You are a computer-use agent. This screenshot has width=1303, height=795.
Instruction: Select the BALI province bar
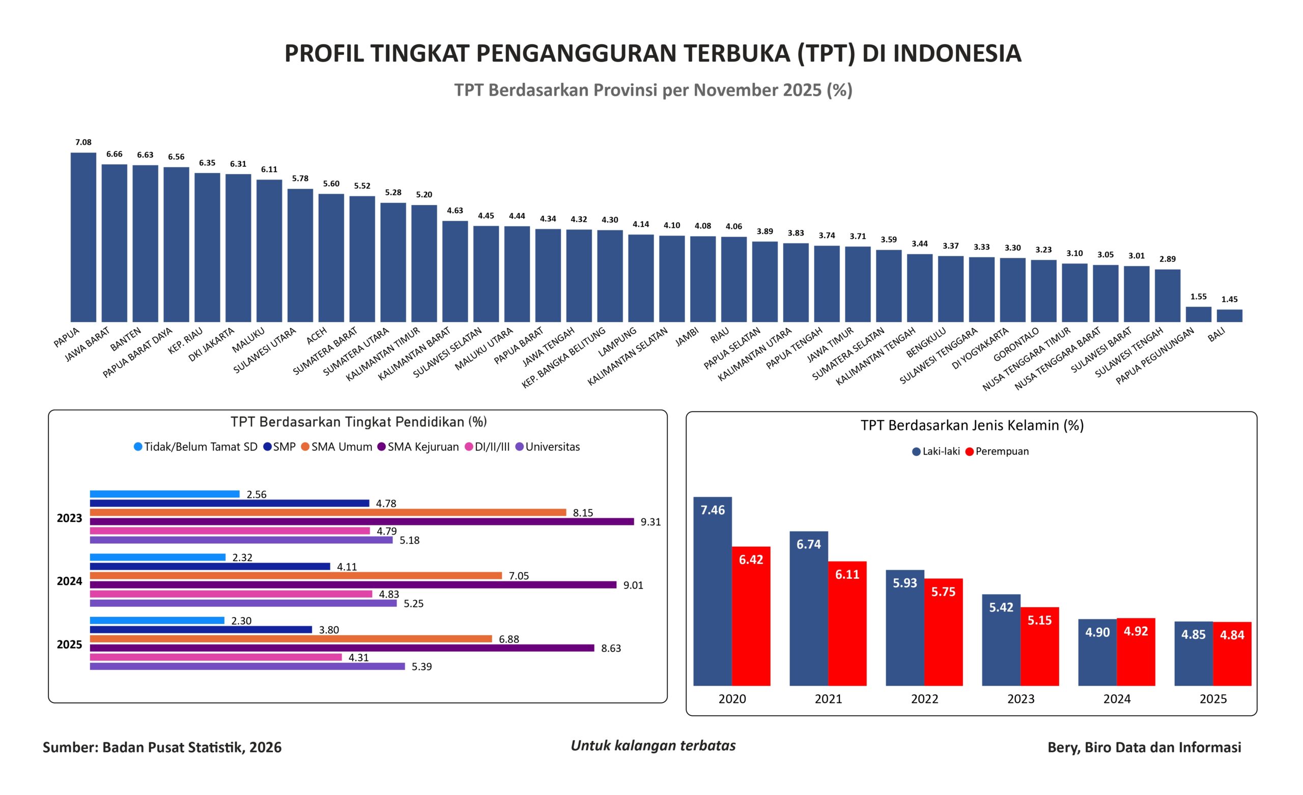point(1229,315)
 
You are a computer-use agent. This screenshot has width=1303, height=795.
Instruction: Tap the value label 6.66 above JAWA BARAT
point(114,154)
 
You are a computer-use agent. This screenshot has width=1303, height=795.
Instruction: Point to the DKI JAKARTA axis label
point(212,344)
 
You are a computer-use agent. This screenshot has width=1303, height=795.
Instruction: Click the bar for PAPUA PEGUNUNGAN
point(1198,314)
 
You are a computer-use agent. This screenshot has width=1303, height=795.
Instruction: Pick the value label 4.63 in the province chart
point(455,211)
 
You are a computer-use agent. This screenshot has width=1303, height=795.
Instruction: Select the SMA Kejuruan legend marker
point(381,447)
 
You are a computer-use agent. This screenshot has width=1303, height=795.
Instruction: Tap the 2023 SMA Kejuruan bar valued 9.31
point(362,522)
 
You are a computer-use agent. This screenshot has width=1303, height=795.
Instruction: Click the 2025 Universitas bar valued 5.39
point(247,666)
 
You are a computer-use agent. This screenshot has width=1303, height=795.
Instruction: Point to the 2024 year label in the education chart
point(69,581)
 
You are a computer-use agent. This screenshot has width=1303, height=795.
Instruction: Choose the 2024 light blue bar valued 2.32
point(158,557)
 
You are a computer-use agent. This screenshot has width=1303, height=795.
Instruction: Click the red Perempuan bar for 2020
point(751,616)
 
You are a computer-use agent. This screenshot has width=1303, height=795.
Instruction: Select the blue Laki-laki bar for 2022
point(905,628)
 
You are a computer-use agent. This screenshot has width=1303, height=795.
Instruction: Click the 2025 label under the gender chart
point(1213,699)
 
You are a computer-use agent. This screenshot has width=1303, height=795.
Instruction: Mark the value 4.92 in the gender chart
point(1136,631)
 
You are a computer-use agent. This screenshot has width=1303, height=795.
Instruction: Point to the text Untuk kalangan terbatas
point(653,745)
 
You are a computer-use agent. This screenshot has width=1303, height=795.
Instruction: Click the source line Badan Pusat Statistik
point(162,747)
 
